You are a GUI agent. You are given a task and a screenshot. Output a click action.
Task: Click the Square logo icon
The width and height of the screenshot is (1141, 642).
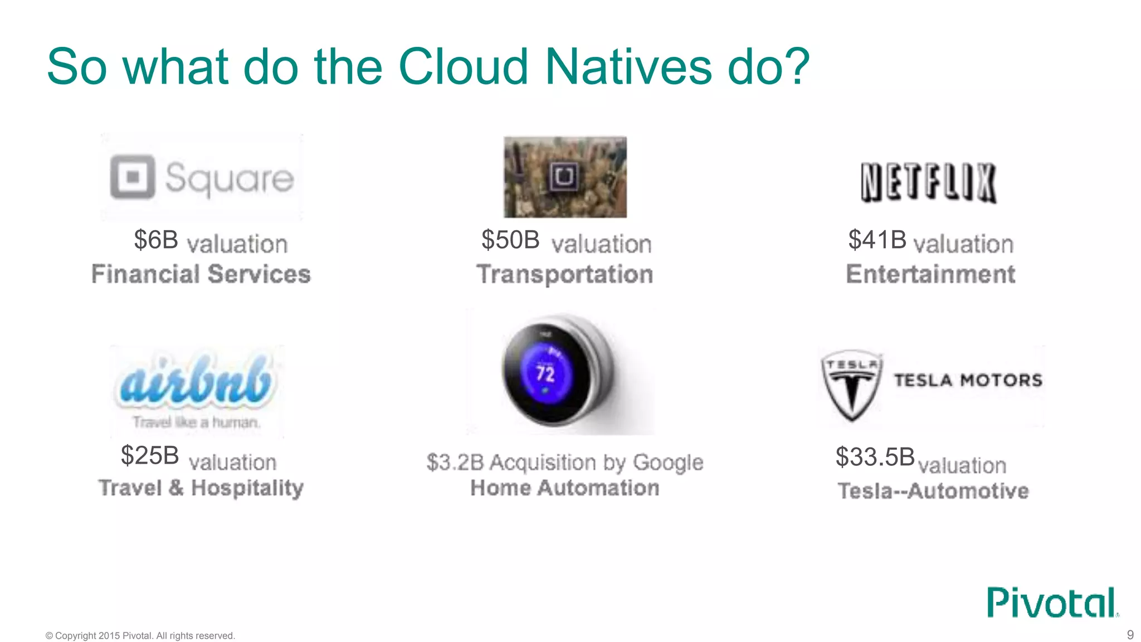(133, 177)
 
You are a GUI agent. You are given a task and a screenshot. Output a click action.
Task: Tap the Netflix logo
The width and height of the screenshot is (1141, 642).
(928, 182)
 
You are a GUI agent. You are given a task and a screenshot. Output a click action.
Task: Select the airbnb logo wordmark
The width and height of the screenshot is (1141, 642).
(196, 380)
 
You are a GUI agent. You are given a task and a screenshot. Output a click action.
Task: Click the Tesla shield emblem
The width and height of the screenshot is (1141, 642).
(852, 385)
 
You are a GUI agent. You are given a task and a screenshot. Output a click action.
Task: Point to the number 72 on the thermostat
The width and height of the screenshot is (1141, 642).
(545, 373)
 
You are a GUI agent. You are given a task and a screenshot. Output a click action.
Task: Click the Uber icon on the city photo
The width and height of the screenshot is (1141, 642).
(564, 177)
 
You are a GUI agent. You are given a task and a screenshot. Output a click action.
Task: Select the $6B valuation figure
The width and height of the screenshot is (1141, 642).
(156, 240)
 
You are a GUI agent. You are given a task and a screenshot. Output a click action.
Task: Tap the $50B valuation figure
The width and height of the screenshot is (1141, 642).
(510, 240)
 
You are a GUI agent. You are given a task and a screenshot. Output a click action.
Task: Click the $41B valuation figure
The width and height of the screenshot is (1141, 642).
(877, 240)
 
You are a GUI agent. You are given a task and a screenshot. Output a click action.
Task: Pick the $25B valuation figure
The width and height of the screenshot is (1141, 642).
(150, 455)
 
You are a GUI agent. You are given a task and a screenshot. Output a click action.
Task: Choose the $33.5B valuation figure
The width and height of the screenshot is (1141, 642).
(875, 457)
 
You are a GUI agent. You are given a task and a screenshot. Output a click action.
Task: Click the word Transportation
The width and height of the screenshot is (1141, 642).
(564, 274)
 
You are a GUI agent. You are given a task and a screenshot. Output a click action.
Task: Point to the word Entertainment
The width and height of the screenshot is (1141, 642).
(930, 274)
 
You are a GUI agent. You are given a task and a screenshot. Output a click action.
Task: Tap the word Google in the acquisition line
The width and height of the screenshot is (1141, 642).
(668, 463)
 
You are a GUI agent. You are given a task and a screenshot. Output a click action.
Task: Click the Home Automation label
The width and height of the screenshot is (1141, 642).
(564, 488)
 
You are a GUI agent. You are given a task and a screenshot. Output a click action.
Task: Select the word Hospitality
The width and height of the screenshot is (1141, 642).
(247, 488)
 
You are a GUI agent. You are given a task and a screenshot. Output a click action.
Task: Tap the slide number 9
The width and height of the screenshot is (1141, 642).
(1130, 635)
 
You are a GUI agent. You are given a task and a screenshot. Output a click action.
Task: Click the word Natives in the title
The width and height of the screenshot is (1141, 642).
(628, 67)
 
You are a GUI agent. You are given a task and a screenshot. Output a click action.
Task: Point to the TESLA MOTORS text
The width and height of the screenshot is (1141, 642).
(968, 380)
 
